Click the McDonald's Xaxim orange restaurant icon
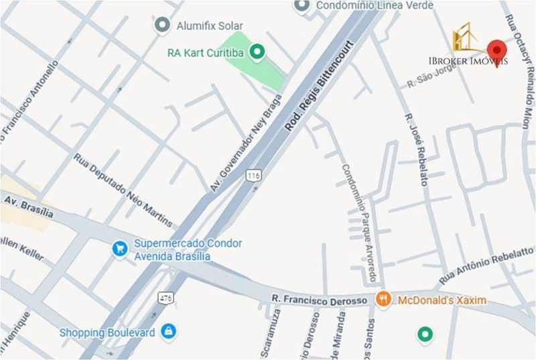pyautogui.click(x=383, y=300)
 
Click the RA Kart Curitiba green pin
pyautogui.click(x=257, y=52)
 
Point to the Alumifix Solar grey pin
pyautogui.click(x=161, y=25)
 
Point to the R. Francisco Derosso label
pyautogui.click(x=320, y=300)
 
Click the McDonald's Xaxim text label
pyautogui.click(x=442, y=300)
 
